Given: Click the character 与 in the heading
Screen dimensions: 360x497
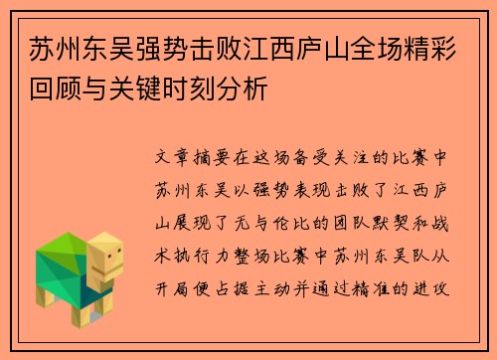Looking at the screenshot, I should point(84,89).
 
